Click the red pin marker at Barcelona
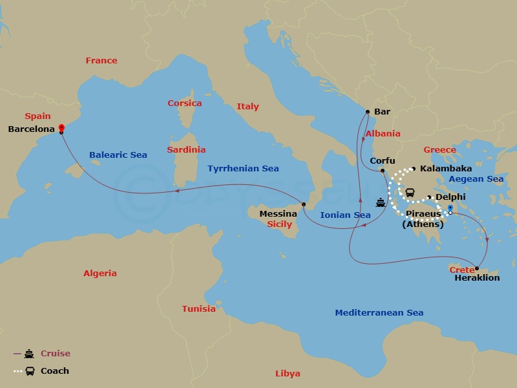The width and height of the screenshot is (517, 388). point(61,128)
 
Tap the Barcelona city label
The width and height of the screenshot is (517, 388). point(32,129)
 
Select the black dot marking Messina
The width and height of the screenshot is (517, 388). point(304,204)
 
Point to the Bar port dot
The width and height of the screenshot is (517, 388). point(367,111)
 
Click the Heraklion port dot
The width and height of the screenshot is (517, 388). point(476,268)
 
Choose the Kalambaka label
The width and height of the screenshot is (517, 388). point(446,169)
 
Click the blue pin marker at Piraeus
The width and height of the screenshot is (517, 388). point(450,210)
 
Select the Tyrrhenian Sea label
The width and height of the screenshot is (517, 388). point(243,169)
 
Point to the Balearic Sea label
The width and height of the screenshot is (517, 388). point(118,155)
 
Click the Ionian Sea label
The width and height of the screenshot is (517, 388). point(346,215)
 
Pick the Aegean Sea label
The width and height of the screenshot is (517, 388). point(476,178)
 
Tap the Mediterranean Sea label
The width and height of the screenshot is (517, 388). point(379,313)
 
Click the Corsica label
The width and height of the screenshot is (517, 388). point(185,103)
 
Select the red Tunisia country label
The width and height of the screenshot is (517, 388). point(198,309)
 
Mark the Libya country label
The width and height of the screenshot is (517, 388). point(288,374)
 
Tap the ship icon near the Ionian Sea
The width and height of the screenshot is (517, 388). point(381,202)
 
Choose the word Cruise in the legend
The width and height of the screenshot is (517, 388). point(56,354)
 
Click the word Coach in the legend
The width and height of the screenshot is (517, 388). point(55,371)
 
